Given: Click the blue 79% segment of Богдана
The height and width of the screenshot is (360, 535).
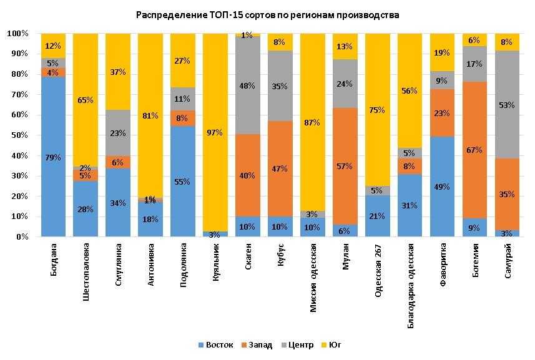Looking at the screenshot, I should (x=54, y=157).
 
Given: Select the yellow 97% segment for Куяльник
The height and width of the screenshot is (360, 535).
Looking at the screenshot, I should (x=215, y=132).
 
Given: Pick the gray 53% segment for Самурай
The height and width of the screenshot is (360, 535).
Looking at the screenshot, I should (x=507, y=105).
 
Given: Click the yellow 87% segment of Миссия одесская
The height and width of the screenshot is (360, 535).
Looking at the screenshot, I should (x=313, y=122).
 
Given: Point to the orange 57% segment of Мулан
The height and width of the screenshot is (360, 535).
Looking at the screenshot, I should (x=345, y=167).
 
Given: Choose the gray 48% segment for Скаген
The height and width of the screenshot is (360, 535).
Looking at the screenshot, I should (x=248, y=85).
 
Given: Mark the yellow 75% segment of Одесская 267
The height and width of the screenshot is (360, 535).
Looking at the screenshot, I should (x=378, y=110).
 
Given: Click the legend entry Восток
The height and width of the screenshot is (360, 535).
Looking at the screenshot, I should (x=215, y=345).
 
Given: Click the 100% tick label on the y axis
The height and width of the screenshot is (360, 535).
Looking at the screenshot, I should (x=18, y=33).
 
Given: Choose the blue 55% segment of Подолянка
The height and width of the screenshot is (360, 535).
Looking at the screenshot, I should (x=183, y=182).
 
